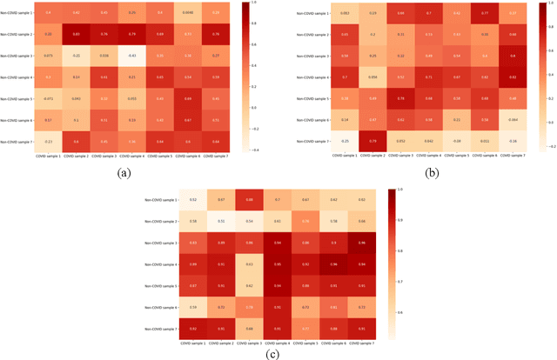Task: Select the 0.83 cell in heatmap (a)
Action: pyautogui.click(x=76, y=34)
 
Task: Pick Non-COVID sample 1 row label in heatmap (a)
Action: pyautogui.click(x=19, y=13)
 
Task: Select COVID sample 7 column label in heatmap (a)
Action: pyautogui.click(x=216, y=156)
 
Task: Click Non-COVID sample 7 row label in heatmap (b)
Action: pyautogui.click(x=310, y=140)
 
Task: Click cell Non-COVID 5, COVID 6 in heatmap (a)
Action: pyautogui.click(x=188, y=98)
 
